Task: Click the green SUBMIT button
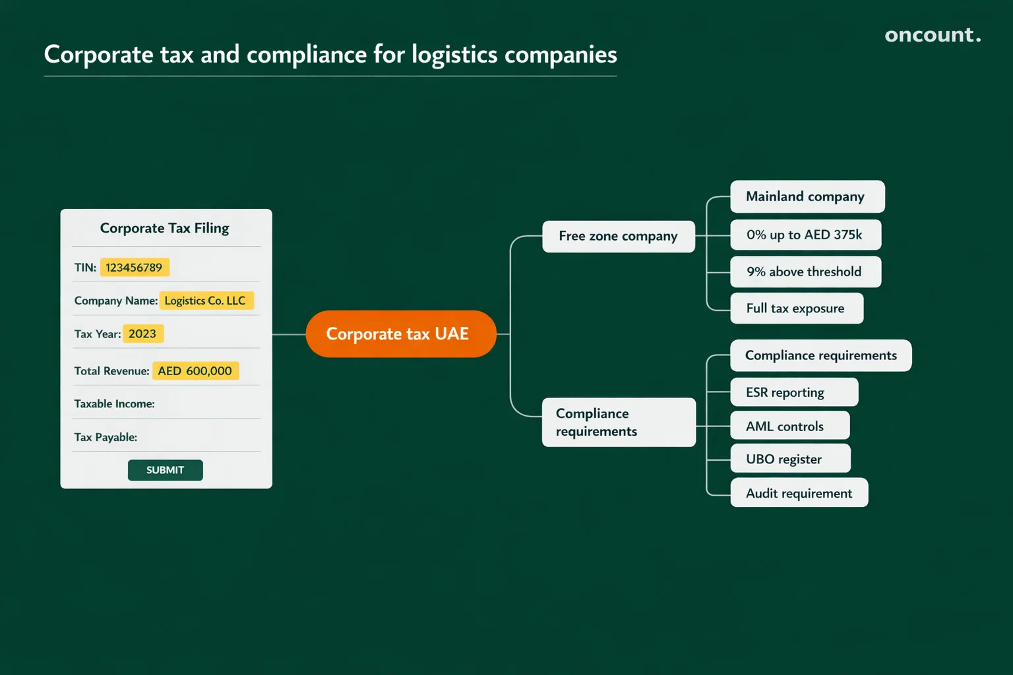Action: pyautogui.click(x=165, y=470)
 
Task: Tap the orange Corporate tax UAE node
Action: pyautogui.click(x=400, y=334)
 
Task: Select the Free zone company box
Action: pyautogui.click(x=618, y=236)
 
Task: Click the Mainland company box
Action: pyautogui.click(x=807, y=196)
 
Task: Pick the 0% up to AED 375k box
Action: pyautogui.click(x=805, y=235)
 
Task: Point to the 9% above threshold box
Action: pyautogui.click(x=805, y=272)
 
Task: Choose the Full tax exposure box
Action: pyautogui.click(x=796, y=308)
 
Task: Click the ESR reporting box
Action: pyautogui.click(x=793, y=392)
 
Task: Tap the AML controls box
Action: pyautogui.click(x=789, y=426)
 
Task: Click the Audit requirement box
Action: pyautogui.click(x=799, y=493)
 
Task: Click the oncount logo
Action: pyautogui.click(x=932, y=35)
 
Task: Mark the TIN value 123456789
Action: pyautogui.click(x=135, y=268)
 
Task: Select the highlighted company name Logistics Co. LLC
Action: pyautogui.click(x=206, y=301)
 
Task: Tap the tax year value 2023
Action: pyautogui.click(x=142, y=334)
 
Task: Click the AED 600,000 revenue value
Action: pyautogui.click(x=195, y=371)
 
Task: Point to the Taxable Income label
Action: pyautogui.click(x=114, y=404)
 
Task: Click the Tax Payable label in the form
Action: pyautogui.click(x=106, y=437)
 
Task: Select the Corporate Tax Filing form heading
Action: pyautogui.click(x=164, y=228)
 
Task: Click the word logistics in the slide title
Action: pyautogui.click(x=454, y=55)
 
